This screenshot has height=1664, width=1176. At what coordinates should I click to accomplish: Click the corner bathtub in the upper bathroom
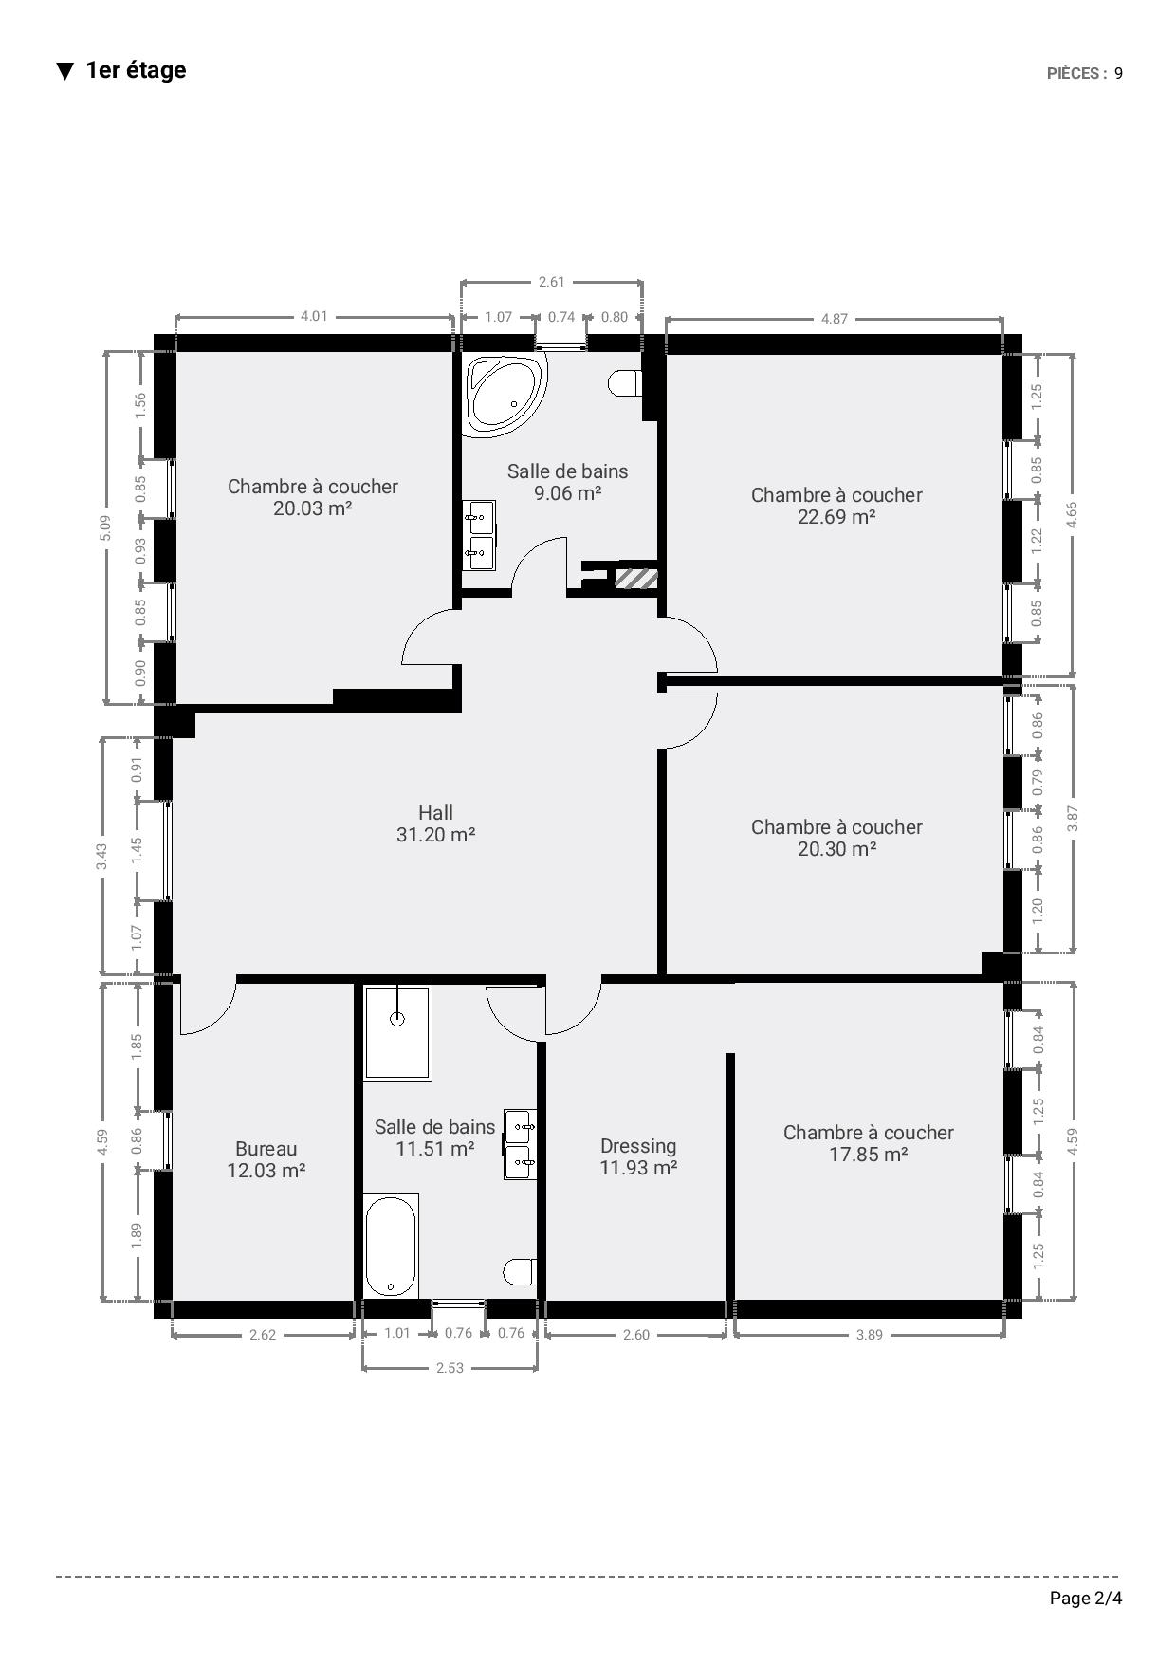click(507, 394)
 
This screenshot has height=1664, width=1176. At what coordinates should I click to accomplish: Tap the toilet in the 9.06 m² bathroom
click(625, 383)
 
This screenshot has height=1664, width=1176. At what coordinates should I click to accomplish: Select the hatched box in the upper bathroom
click(636, 578)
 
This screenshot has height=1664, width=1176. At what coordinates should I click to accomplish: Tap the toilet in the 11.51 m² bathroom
click(521, 1271)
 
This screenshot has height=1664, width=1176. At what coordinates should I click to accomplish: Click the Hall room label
click(435, 813)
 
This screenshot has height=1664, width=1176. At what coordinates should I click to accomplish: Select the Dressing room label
click(638, 1146)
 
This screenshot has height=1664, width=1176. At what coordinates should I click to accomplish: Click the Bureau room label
click(266, 1149)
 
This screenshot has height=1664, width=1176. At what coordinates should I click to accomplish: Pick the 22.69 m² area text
click(836, 517)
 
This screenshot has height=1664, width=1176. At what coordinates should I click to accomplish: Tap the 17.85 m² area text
click(869, 1155)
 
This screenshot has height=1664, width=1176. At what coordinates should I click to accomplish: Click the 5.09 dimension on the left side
click(105, 528)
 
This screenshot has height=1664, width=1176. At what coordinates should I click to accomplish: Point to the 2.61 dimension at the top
click(551, 282)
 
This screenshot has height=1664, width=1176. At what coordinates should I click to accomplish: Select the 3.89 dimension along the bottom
click(870, 1335)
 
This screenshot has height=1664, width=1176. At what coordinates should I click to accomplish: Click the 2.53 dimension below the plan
click(450, 1368)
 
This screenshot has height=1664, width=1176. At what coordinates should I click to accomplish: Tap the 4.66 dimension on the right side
click(1072, 514)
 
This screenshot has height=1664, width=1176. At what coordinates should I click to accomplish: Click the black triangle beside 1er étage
click(64, 71)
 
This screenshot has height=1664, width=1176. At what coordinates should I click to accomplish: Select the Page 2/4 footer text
click(1086, 1599)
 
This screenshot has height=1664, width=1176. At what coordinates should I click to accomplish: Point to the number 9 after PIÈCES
click(1119, 74)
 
